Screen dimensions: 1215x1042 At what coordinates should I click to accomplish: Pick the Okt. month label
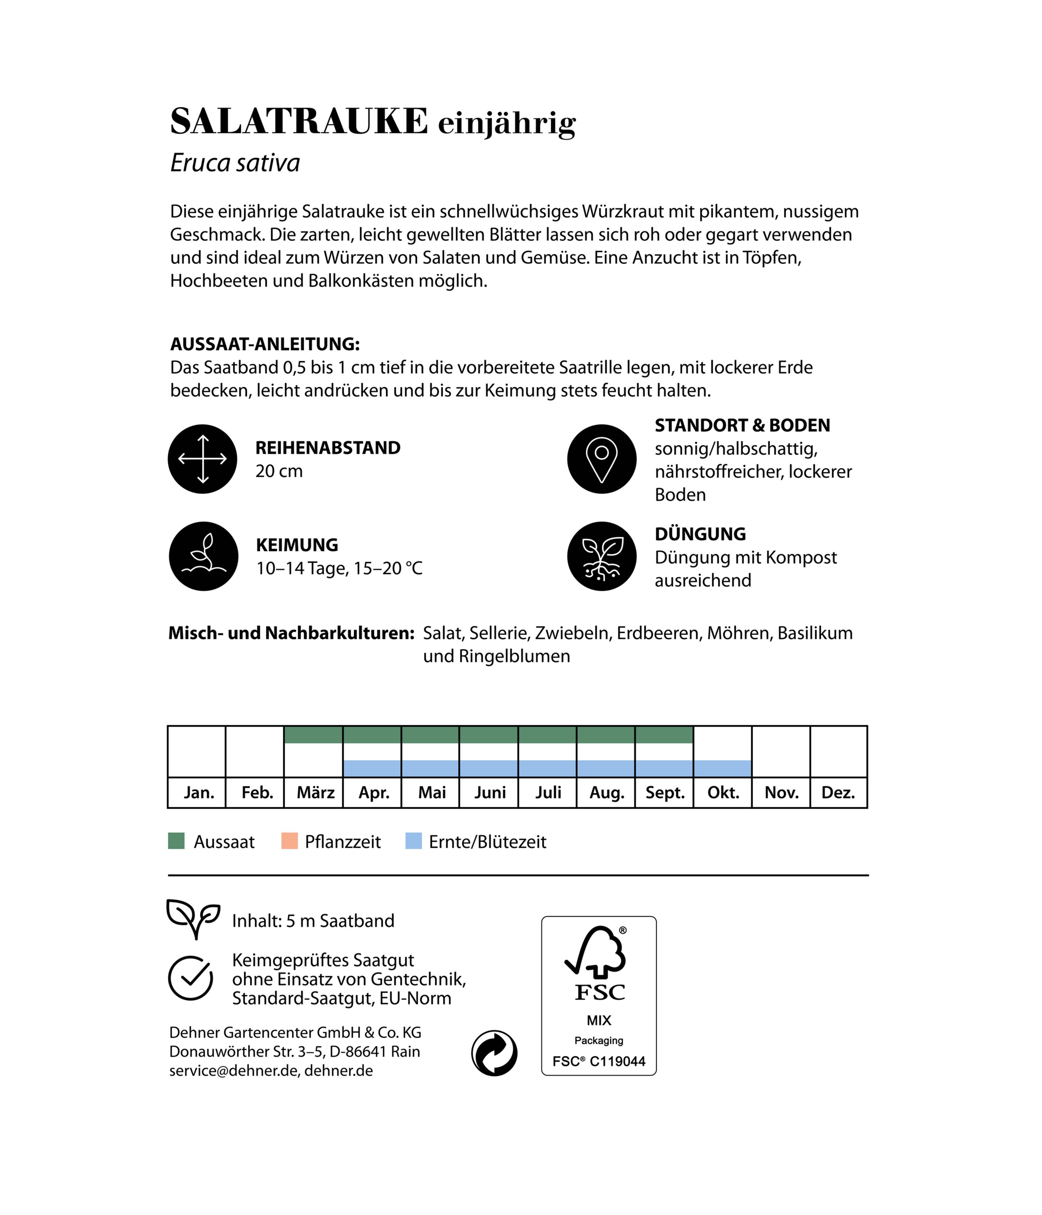[x=723, y=793]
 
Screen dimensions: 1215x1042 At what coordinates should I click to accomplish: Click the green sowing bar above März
[x=313, y=735]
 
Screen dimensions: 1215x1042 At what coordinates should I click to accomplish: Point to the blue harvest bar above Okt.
[x=722, y=768]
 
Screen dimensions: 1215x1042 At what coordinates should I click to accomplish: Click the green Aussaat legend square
[x=176, y=841]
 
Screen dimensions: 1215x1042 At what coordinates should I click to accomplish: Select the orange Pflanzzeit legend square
[x=289, y=841]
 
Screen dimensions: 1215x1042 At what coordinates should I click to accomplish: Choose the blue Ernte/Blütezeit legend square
[x=414, y=841]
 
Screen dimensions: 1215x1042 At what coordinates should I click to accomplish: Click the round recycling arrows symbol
[x=494, y=1053]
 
